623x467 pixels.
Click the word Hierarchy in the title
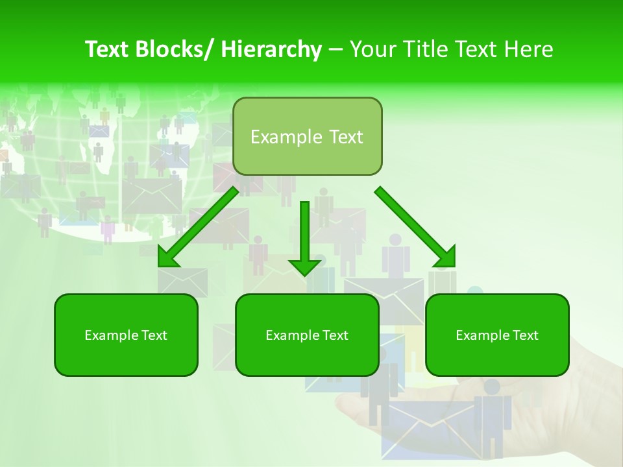tap(271, 49)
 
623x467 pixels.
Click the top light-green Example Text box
tap(307, 136)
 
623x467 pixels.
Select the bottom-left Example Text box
tap(126, 335)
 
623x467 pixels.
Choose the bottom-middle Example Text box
tap(307, 335)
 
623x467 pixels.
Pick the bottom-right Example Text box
tap(497, 335)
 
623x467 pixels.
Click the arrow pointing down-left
tap(199, 227)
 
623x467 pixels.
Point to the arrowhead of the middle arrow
tap(304, 266)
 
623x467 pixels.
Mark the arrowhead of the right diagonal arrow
tap(445, 257)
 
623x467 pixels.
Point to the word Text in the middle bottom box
tap(334, 335)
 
